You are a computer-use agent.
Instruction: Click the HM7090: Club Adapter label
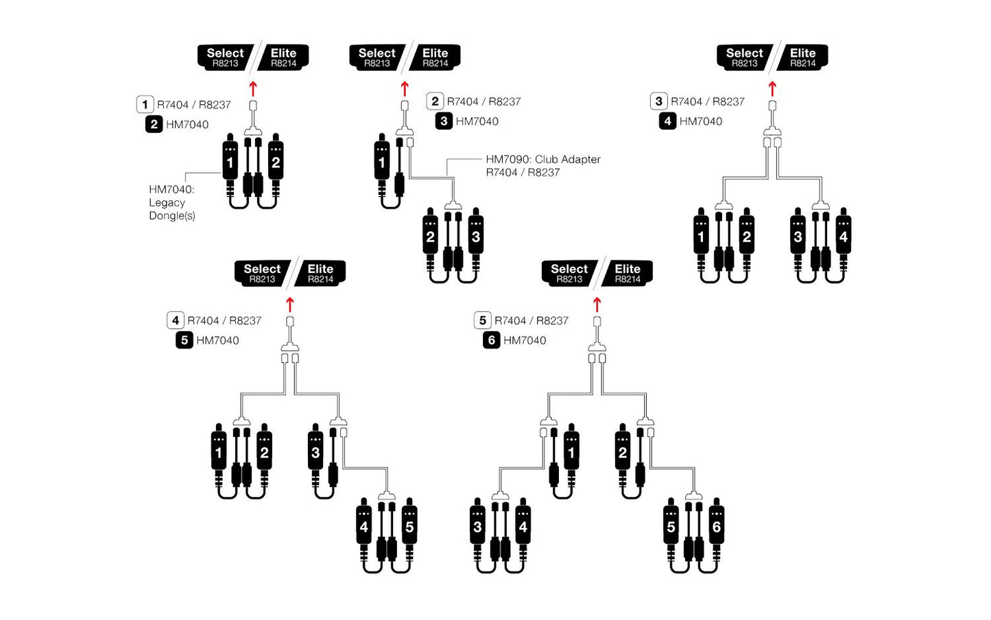click(542, 159)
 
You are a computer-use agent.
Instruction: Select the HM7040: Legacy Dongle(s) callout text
click(172, 202)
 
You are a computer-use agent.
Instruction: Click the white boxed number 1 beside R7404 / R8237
click(145, 105)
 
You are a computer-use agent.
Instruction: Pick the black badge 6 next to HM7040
click(491, 340)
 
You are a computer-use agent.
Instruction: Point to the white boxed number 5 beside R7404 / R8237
click(483, 320)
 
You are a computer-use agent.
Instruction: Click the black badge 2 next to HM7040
click(154, 124)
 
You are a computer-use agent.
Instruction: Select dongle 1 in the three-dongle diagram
click(382, 163)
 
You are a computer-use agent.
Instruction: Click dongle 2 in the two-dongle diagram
click(276, 163)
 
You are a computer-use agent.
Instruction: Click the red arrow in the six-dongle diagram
click(597, 305)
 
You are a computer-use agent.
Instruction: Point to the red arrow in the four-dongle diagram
click(772, 88)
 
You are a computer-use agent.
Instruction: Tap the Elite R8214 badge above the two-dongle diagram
click(283, 57)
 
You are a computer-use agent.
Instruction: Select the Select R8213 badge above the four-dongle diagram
click(744, 57)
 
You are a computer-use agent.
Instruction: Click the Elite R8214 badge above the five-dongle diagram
click(320, 273)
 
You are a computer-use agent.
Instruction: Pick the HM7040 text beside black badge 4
click(700, 121)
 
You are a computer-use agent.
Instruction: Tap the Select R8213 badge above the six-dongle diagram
click(569, 273)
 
